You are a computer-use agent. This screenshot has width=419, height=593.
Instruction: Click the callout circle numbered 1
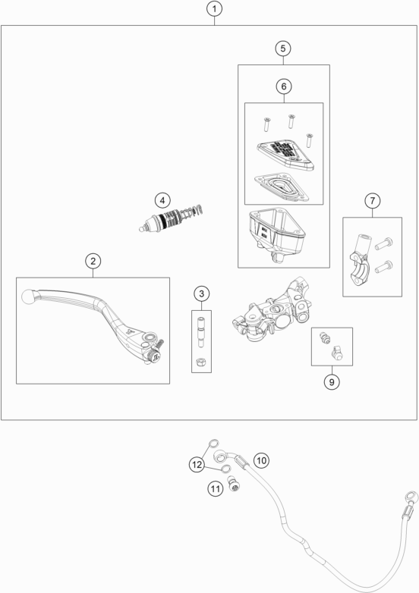(x=214, y=8)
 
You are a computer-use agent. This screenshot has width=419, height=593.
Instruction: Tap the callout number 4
(x=162, y=200)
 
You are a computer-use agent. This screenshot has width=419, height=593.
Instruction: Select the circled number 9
(x=332, y=382)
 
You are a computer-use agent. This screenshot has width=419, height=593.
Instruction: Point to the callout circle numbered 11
(x=215, y=488)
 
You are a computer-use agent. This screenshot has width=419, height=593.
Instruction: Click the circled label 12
(x=197, y=464)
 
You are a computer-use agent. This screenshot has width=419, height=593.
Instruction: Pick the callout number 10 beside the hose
(x=261, y=460)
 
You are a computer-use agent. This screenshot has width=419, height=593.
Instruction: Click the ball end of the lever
(x=27, y=296)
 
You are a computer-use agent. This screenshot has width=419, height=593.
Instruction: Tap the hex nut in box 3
(x=201, y=362)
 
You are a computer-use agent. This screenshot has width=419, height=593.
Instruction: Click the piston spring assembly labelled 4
(x=172, y=219)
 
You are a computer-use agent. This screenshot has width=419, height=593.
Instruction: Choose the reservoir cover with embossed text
(x=285, y=155)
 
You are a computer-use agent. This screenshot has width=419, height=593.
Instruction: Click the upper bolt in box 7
(x=384, y=243)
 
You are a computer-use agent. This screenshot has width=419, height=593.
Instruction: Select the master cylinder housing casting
(x=272, y=309)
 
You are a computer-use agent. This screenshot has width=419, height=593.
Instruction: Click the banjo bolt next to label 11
(x=235, y=484)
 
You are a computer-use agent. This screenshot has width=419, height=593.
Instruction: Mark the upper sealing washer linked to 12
(x=213, y=443)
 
